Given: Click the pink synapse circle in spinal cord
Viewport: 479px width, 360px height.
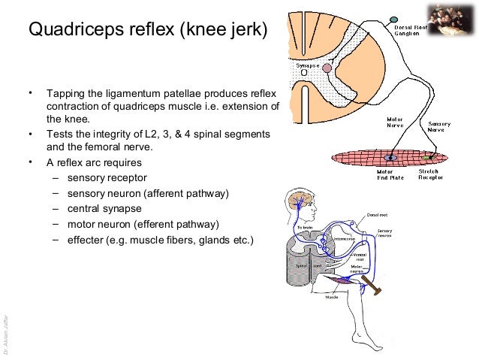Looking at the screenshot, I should [x=327, y=68].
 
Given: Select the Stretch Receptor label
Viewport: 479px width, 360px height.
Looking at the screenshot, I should [x=430, y=174].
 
